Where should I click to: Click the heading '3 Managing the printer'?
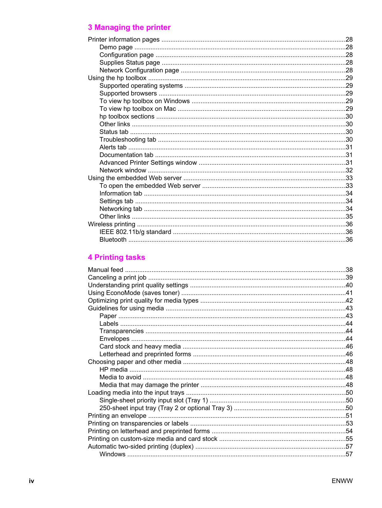pos(129,27)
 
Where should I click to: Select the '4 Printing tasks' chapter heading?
pos(116,257)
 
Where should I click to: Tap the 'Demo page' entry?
pos(116,47)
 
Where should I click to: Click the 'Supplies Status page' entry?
pos(130,62)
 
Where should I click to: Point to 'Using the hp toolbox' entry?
pos(117,78)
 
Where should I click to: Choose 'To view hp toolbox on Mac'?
pos(138,109)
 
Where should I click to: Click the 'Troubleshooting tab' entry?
pos(128,139)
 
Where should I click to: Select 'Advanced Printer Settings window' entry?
pos(148,163)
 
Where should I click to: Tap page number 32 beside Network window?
pos(349,170)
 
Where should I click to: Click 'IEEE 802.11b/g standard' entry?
pos(135,232)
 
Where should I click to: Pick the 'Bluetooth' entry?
pos(113,240)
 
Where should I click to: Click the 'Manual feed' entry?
pos(105,270)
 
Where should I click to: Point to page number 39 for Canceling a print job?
pos(349,277)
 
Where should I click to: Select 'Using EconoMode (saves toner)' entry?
pos(134,293)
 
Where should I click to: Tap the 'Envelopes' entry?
pos(114,339)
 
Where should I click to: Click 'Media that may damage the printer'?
pos(149,385)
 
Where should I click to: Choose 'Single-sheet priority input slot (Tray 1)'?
pos(153,400)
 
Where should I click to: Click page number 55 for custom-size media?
pos(349,439)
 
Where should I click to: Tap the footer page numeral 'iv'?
pos(31,481)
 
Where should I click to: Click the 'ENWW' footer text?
pos(342,481)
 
